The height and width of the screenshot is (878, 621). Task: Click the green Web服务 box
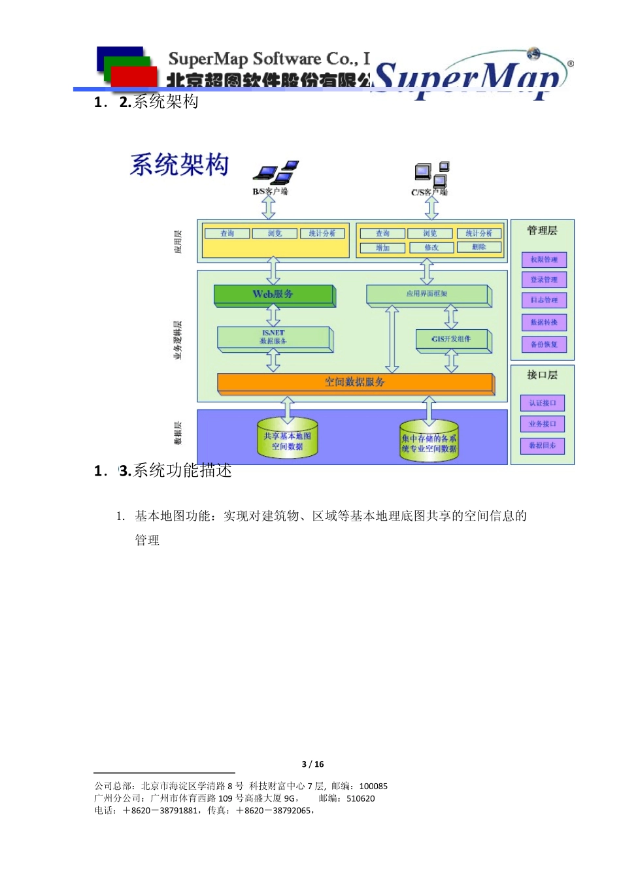274,295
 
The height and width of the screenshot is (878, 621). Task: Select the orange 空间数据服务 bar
355,383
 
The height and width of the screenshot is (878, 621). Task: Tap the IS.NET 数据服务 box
274,338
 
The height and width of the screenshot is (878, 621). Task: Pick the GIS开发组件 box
452,340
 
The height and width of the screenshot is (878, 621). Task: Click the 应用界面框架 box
428,295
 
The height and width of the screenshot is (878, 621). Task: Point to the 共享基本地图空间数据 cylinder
288,441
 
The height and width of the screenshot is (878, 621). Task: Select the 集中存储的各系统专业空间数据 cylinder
429,444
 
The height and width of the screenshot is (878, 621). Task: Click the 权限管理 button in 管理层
544,260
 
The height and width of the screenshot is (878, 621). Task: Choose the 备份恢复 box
544,344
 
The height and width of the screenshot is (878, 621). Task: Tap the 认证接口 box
543,403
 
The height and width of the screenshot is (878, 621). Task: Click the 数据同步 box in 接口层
543,446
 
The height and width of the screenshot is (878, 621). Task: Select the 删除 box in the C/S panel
479,247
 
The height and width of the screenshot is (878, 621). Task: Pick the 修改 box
431,248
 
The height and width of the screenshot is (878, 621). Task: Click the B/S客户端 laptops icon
276,172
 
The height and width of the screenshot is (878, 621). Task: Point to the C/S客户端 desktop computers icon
432,173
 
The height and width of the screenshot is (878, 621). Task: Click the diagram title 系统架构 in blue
180,165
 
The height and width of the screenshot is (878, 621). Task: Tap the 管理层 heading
542,231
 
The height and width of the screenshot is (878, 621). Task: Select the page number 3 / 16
312,764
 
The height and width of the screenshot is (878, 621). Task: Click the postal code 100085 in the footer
373,787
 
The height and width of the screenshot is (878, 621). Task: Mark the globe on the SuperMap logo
534,54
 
